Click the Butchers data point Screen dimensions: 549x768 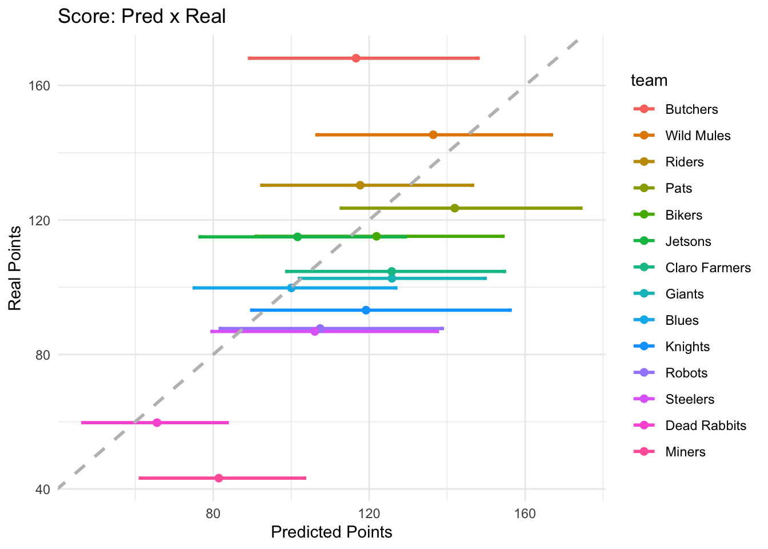click(x=356, y=58)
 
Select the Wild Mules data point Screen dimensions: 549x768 click(x=433, y=135)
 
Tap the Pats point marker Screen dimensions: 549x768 click(x=454, y=208)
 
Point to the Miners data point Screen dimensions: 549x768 click(x=219, y=478)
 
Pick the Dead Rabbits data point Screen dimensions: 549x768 click(x=157, y=423)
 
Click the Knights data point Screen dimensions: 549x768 click(x=366, y=310)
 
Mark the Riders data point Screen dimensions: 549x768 click(x=360, y=185)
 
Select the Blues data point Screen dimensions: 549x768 click(x=291, y=288)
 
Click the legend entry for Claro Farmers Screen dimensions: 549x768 click(x=708, y=268)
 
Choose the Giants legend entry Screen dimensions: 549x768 click(x=685, y=294)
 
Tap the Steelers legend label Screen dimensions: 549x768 click(x=690, y=399)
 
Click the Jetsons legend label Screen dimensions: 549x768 click(x=688, y=241)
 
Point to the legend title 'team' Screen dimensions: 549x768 click(x=649, y=81)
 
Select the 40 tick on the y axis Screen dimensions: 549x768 click(x=43, y=490)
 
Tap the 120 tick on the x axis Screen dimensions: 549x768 click(x=369, y=514)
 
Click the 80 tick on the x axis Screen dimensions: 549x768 click(x=213, y=514)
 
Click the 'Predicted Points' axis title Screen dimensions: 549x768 click(x=331, y=532)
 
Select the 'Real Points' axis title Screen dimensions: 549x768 click(x=15, y=268)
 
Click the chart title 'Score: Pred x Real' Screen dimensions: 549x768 click(x=142, y=16)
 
